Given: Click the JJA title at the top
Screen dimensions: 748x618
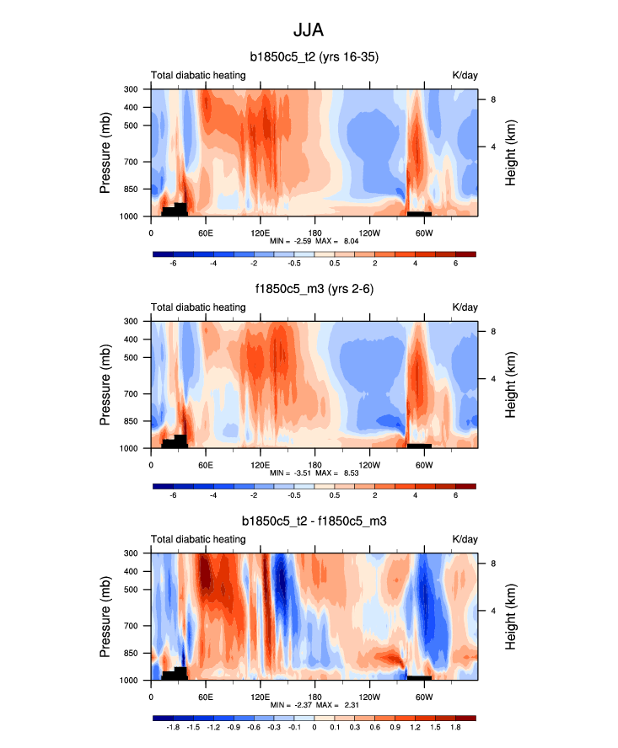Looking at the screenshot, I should (309, 30).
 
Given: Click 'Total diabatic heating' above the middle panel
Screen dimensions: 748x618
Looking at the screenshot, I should (198, 307).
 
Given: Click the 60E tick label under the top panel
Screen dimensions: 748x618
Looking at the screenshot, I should (205, 232).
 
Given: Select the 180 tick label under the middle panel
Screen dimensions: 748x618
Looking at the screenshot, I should (314, 465).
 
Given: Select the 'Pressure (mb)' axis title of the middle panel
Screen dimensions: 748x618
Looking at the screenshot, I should (105, 384).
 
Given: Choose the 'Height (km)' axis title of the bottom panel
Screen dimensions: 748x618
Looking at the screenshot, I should (511, 617).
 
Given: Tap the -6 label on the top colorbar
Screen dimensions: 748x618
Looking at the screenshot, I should (174, 264).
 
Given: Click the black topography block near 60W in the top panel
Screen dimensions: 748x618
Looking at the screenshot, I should (419, 213).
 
